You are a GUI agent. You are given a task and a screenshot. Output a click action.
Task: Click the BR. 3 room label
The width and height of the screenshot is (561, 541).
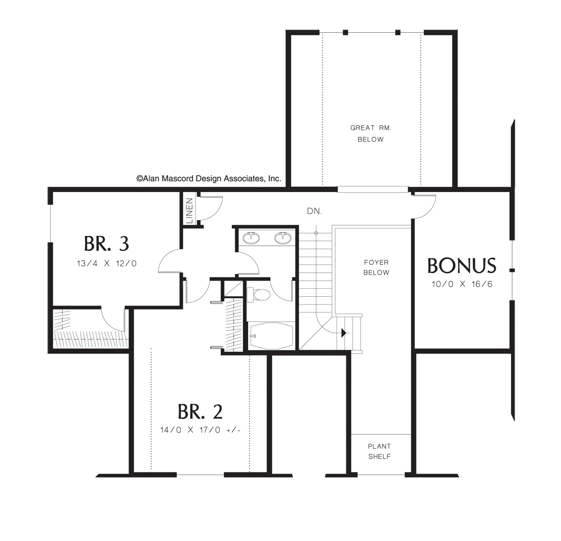(106, 243)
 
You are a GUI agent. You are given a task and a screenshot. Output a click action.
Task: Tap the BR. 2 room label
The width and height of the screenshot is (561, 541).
(200, 412)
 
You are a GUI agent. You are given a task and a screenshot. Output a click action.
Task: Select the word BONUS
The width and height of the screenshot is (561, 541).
(461, 266)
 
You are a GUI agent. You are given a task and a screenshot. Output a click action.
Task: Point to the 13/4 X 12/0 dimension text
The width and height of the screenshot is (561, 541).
(107, 263)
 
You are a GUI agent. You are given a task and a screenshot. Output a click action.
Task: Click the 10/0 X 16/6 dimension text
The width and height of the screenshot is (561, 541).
(462, 284)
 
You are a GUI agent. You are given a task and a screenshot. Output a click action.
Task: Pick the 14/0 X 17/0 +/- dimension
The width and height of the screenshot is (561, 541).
(200, 430)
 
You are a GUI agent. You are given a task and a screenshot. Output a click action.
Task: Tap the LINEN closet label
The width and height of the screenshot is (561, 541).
(189, 211)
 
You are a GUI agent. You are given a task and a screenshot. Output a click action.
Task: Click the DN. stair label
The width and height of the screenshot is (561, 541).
(314, 211)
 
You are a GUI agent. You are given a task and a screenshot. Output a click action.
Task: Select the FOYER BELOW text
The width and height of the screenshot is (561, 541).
(376, 268)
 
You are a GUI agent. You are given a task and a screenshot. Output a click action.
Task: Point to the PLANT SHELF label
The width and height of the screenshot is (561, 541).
(379, 451)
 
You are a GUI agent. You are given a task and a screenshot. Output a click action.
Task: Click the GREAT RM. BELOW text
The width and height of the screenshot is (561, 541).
(370, 133)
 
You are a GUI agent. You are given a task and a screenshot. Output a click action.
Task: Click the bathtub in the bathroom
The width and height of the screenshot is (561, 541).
(271, 335)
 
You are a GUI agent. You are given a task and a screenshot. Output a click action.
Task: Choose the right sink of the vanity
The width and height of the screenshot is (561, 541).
(283, 238)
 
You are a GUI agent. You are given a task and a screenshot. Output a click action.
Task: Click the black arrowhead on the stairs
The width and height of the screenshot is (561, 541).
(344, 333)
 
